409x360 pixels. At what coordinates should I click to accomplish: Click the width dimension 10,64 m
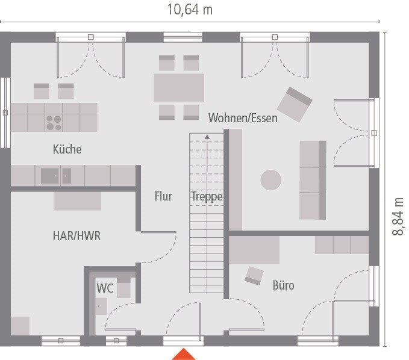pyautogui.click(x=189, y=10)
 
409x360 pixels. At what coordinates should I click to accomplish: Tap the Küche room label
pyautogui.click(x=67, y=149)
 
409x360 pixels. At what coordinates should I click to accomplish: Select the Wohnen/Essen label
pyautogui.click(x=243, y=117)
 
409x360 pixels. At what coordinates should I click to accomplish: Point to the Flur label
pyautogui.click(x=163, y=196)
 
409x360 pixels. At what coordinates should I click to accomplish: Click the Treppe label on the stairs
pyautogui.click(x=207, y=196)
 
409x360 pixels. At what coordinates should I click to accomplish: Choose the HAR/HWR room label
pyautogui.click(x=76, y=236)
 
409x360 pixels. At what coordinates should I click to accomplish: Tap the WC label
pyautogui.click(x=105, y=288)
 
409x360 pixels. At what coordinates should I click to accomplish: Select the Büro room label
pyautogui.click(x=283, y=285)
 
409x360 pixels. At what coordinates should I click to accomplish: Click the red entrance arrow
pyautogui.click(x=184, y=354)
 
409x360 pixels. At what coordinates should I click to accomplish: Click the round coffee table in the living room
pyautogui.click(x=270, y=179)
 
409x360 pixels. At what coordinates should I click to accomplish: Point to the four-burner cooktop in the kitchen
pyautogui.click(x=54, y=122)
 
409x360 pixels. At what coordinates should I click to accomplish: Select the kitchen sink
pyautogui.click(x=56, y=176)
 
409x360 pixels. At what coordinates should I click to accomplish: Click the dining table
pyautogui.click(x=179, y=87)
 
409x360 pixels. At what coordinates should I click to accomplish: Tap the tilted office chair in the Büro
pyautogui.click(x=254, y=276)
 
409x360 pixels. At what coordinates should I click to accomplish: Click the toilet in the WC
pyautogui.click(x=123, y=288)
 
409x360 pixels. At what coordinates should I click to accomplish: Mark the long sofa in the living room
pyautogui.click(x=313, y=180)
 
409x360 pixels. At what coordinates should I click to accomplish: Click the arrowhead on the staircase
pyautogui.click(x=207, y=137)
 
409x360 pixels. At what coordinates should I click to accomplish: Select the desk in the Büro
pyautogui.click(x=254, y=249)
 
